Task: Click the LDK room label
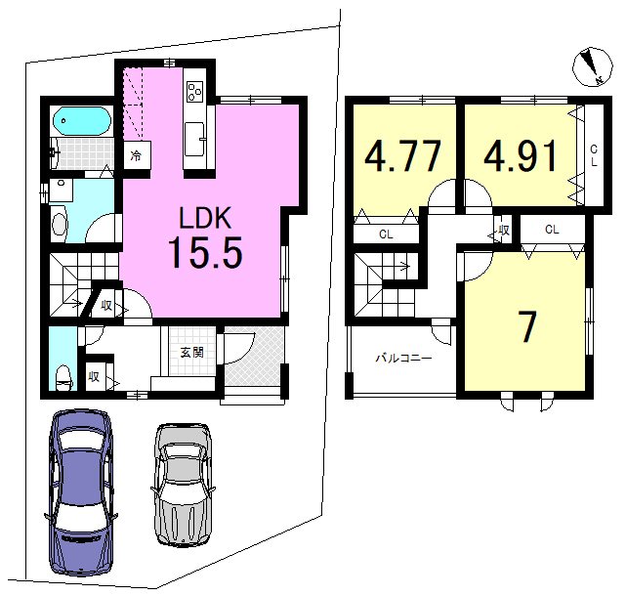coord(205,218)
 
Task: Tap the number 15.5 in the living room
coord(205,252)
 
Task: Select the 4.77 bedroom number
coord(402,155)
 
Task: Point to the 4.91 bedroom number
coord(521,155)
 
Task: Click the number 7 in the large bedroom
coord(528,326)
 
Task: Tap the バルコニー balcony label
coord(403,358)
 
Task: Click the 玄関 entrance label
coord(192,353)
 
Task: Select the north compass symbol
coord(593,66)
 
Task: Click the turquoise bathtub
coord(81,120)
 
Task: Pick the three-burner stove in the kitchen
coord(195,92)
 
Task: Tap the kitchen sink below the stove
coord(195,140)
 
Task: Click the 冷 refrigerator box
coord(137,155)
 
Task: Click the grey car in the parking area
coord(184,485)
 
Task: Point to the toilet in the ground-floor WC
coord(63,377)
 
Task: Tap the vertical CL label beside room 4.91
coord(594,155)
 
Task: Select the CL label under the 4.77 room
coord(386,234)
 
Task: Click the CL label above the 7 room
coord(552,230)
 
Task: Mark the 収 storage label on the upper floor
coord(503,230)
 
